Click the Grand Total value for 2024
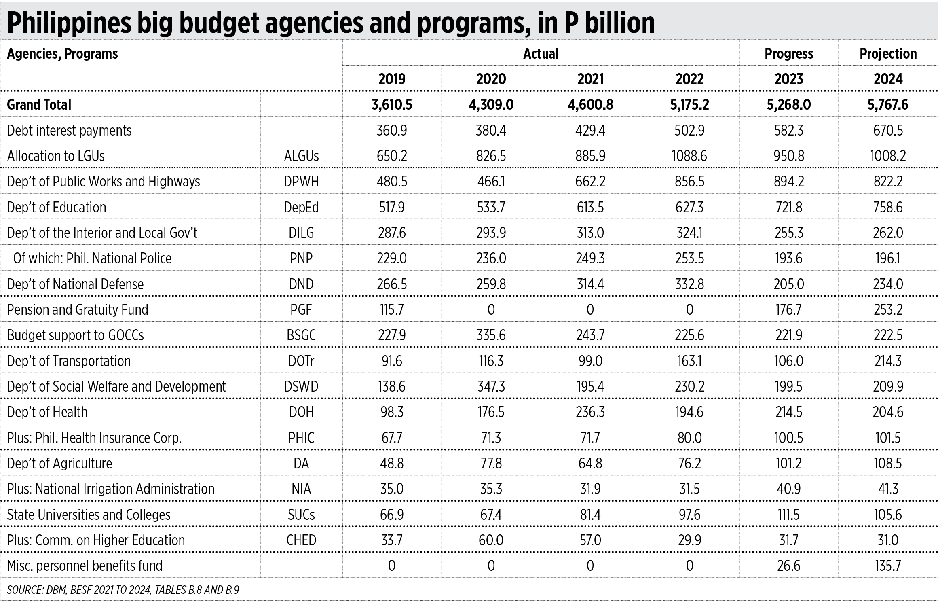tap(888, 105)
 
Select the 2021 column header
tap(590, 78)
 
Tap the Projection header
tap(888, 54)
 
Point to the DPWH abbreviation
tap(301, 182)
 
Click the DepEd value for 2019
tap(392, 208)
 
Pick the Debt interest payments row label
tap(70, 131)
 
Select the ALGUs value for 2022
tap(689, 156)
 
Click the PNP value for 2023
tap(788, 258)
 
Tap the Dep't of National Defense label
tap(75, 284)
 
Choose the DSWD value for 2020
tap(491, 387)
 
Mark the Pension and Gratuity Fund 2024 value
tap(888, 310)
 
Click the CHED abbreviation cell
tap(301, 540)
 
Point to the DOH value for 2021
tap(590, 412)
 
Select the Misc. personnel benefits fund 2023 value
tap(788, 566)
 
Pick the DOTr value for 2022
tap(689, 361)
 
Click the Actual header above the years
tap(541, 54)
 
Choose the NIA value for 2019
tap(392, 489)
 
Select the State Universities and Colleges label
tap(89, 515)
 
